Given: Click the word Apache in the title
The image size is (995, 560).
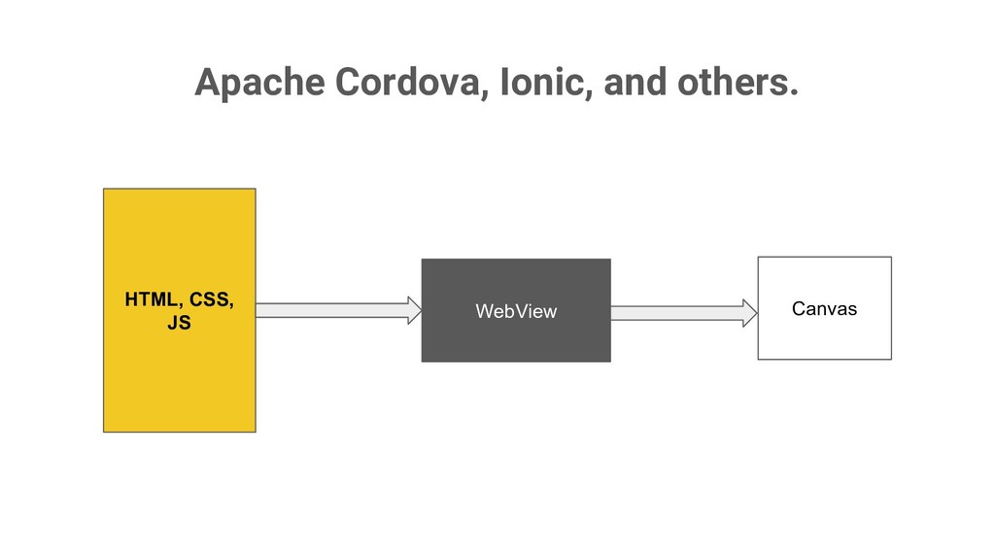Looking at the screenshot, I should pyautogui.click(x=259, y=84).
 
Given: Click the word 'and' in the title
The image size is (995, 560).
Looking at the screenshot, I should pyautogui.click(x=635, y=84).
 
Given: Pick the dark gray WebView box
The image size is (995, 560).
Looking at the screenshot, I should pyautogui.click(x=515, y=340).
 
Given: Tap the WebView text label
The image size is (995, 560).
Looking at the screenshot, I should pyautogui.click(x=515, y=311).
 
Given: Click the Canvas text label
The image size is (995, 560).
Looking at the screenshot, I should pyautogui.click(x=824, y=309).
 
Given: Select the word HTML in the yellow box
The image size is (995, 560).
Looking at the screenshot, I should pyautogui.click(x=151, y=299).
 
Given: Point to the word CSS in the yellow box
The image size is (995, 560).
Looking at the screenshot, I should pyautogui.click(x=211, y=299).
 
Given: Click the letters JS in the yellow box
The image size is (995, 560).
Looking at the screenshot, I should pyautogui.click(x=179, y=323).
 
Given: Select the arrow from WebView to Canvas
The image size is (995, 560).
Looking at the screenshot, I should pyautogui.click(x=680, y=312).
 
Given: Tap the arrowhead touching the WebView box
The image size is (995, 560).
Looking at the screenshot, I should pyautogui.click(x=415, y=310).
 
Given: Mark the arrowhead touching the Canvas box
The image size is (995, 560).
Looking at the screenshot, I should pyautogui.click(x=750, y=312).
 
